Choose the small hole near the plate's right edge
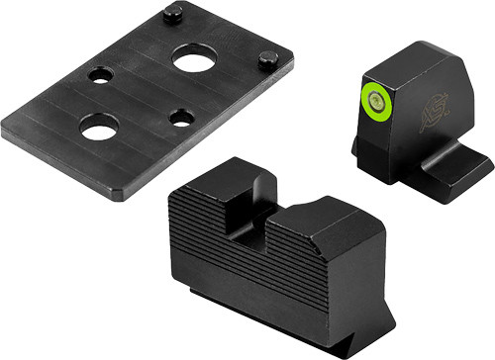[180, 118]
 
